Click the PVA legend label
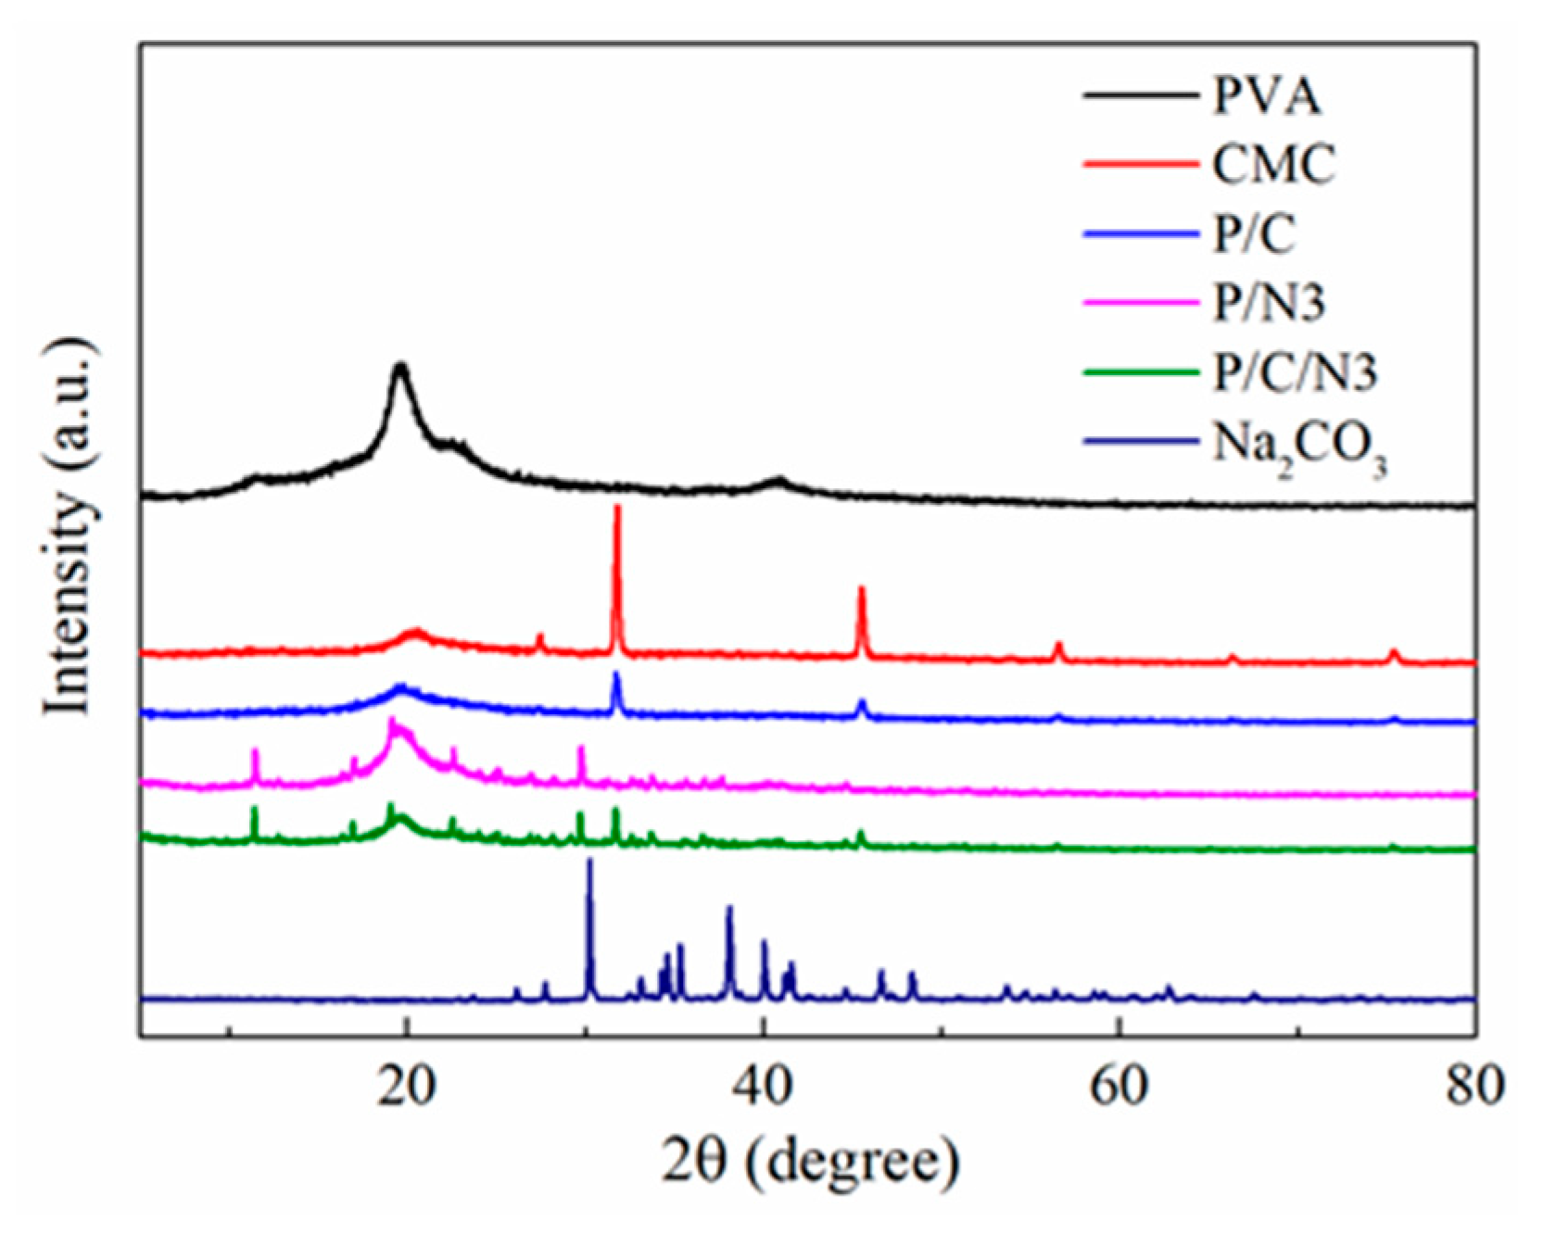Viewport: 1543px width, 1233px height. click(1267, 95)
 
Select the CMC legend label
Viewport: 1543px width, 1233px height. click(1274, 165)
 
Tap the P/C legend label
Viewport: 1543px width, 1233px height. click(1254, 234)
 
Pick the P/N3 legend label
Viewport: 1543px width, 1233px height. click(1269, 303)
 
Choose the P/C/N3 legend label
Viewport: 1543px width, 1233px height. click(1295, 372)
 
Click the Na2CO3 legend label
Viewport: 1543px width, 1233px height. click(1299, 447)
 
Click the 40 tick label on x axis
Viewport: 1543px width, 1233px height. click(763, 1086)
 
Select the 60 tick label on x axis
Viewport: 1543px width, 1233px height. click(1119, 1086)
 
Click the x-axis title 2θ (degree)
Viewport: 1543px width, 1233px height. click(810, 1162)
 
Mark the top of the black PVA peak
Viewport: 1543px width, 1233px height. click(400, 366)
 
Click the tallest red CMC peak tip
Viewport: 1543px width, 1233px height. click(617, 508)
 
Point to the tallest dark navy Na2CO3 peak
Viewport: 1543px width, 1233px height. click(589, 862)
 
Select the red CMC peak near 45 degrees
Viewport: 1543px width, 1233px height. click(862, 589)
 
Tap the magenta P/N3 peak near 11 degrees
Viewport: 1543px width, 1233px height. click(255, 751)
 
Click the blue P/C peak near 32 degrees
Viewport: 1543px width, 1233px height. click(617, 675)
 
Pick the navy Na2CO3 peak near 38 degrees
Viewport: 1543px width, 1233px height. click(729, 909)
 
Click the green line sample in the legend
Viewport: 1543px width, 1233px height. click(1140, 372)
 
